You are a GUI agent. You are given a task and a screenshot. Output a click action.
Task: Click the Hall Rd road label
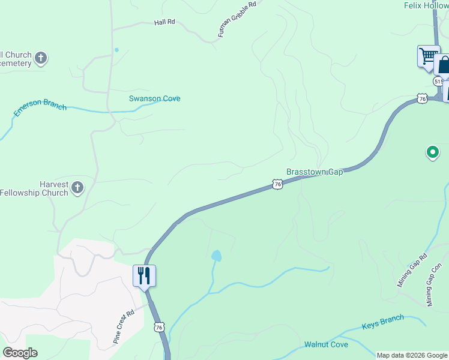(164, 22)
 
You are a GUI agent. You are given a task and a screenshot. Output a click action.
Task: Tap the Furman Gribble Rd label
(237, 20)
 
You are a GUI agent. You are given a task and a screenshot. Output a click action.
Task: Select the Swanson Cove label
(154, 98)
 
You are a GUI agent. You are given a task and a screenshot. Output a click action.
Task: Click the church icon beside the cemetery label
(41, 58)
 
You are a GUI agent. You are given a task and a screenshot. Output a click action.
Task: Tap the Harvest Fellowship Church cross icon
(77, 188)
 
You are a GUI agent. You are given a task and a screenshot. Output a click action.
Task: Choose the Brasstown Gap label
(314, 172)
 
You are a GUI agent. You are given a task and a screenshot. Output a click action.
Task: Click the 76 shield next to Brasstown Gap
(277, 184)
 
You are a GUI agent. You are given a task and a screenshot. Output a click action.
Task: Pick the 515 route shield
(438, 81)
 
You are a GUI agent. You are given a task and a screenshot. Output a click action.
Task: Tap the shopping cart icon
(428, 56)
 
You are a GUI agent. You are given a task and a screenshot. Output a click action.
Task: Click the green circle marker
(432, 152)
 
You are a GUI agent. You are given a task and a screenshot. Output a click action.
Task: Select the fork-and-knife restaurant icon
(144, 276)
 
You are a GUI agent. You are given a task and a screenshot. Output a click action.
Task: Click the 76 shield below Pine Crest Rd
(158, 326)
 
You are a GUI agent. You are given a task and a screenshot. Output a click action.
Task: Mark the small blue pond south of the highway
(216, 256)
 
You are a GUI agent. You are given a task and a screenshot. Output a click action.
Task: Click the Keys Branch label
(382, 322)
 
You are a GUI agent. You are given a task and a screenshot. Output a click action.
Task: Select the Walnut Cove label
(326, 344)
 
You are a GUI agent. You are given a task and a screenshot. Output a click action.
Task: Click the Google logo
(20, 353)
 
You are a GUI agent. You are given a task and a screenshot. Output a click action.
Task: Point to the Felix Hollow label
(426, 5)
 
